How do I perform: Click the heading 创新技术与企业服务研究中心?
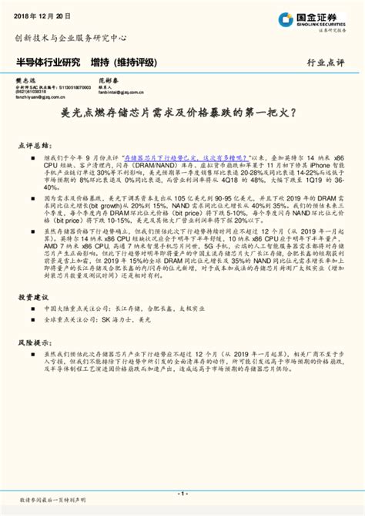click(x=71, y=37)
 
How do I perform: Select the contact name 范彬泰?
click(x=106, y=80)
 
